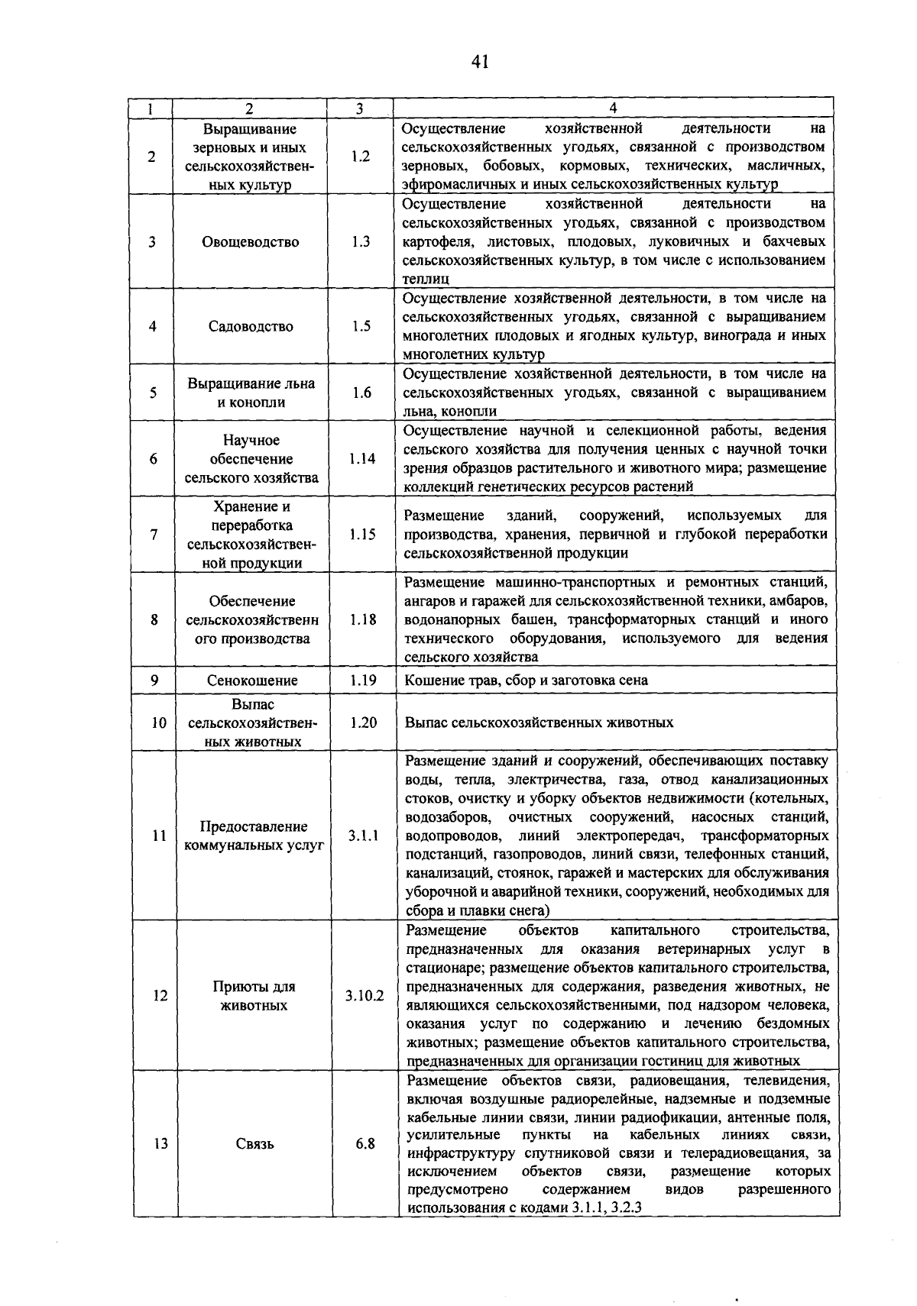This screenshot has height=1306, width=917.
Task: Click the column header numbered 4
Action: [613, 108]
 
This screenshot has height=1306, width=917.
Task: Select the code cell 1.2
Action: [360, 157]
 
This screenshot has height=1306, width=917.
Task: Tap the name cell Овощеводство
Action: [251, 242]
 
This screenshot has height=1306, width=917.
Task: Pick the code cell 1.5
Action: [361, 326]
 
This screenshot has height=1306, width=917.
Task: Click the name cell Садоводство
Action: [251, 326]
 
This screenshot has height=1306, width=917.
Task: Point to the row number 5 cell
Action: [154, 393]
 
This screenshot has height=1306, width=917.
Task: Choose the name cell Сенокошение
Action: [252, 680]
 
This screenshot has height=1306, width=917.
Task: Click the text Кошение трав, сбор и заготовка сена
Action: [526, 680]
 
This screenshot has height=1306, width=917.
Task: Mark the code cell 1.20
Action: [363, 723]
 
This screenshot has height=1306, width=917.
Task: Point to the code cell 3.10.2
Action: [365, 996]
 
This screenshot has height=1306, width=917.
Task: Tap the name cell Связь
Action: [254, 1144]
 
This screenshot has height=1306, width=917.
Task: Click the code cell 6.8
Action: [365, 1144]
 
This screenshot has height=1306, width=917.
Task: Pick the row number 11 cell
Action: [159, 836]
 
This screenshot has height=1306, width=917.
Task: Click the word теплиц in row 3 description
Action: [426, 280]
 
